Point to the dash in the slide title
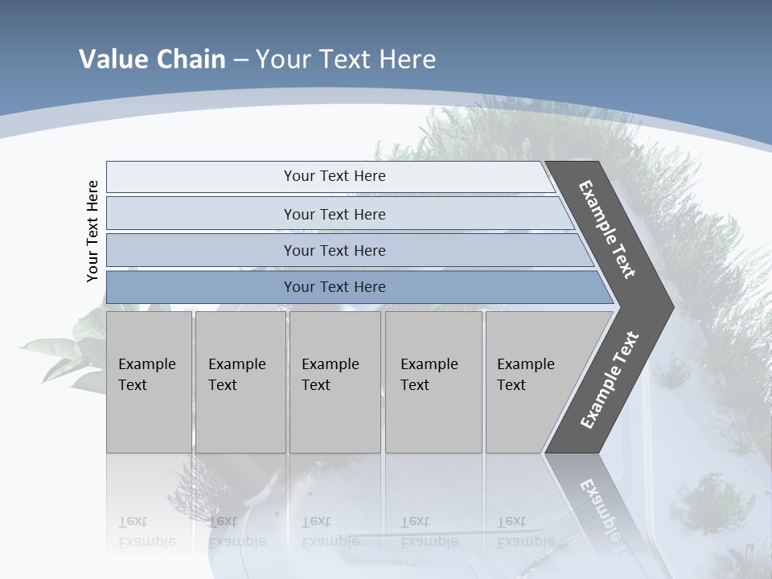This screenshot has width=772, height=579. click(x=240, y=60)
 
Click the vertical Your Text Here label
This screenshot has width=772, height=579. click(x=92, y=231)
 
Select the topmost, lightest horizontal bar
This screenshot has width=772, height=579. click(x=334, y=176)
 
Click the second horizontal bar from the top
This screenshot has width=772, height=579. click(x=334, y=214)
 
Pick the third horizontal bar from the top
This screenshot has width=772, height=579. click(x=334, y=250)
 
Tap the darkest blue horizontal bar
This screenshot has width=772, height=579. click(x=334, y=287)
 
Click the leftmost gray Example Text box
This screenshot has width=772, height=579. click(x=149, y=381)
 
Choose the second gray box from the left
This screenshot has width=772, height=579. click(x=240, y=381)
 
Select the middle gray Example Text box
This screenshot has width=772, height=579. click(x=334, y=381)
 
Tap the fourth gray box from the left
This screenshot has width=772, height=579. click(x=433, y=381)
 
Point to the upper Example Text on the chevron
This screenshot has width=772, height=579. click(x=607, y=229)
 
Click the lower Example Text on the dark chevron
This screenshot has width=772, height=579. click(x=609, y=380)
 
